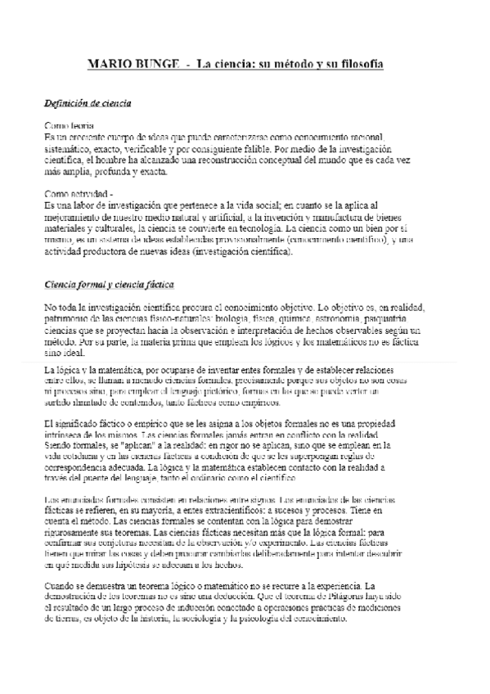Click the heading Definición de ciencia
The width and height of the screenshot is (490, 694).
click(88, 104)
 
